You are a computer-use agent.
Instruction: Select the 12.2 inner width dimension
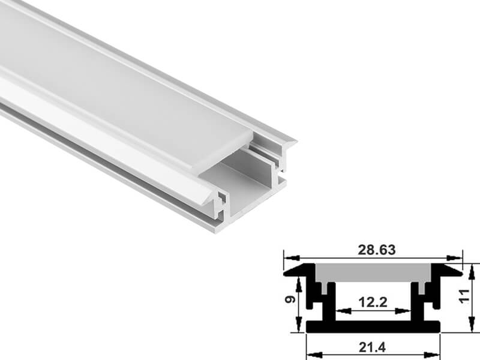(373, 302)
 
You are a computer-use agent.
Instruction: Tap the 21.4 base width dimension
(372, 347)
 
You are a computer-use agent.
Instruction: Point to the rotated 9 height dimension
(290, 299)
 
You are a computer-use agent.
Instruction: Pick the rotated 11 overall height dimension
(464, 296)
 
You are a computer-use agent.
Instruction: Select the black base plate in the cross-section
(373, 326)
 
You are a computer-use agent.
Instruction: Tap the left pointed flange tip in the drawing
(284, 274)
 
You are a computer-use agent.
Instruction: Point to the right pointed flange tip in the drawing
(461, 273)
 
